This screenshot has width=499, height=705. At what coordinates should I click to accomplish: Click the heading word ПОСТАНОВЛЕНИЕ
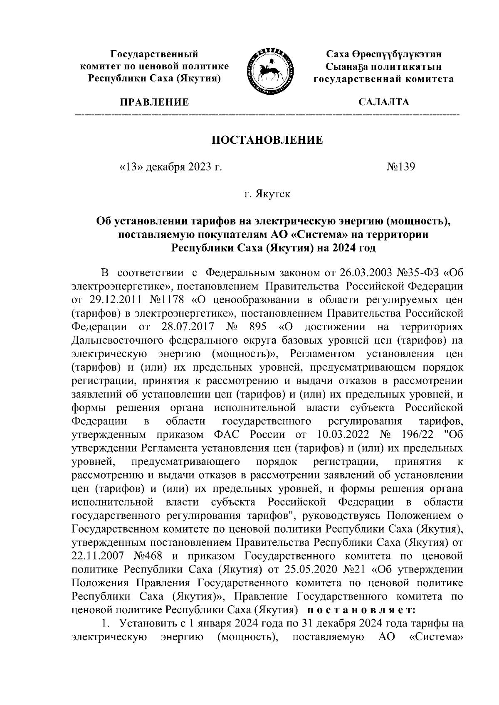tap(267, 140)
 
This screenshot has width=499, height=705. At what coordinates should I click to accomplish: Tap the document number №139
tap(401, 167)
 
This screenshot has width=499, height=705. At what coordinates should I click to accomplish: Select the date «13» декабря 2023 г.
tap(170, 167)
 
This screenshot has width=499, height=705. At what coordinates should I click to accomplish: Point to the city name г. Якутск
tap(267, 194)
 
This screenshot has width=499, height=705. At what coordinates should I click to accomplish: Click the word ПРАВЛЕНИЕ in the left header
tap(154, 102)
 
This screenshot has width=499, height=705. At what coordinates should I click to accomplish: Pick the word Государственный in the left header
tap(154, 54)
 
